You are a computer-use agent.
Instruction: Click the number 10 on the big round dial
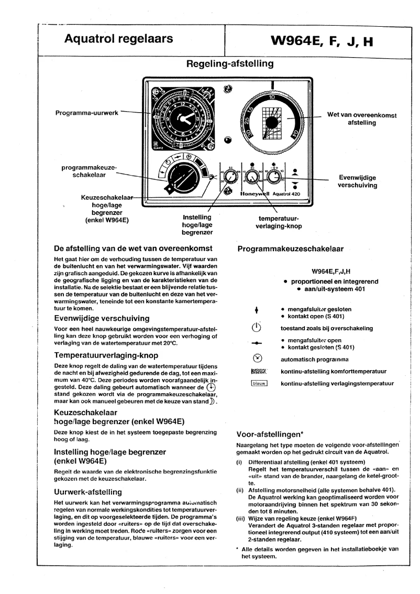click(272, 98)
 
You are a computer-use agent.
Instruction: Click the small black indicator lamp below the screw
click(227, 140)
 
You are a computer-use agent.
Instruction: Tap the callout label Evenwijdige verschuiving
click(357, 181)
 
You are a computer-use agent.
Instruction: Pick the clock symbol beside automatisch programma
click(257, 360)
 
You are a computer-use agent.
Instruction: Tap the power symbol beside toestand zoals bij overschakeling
click(257, 329)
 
